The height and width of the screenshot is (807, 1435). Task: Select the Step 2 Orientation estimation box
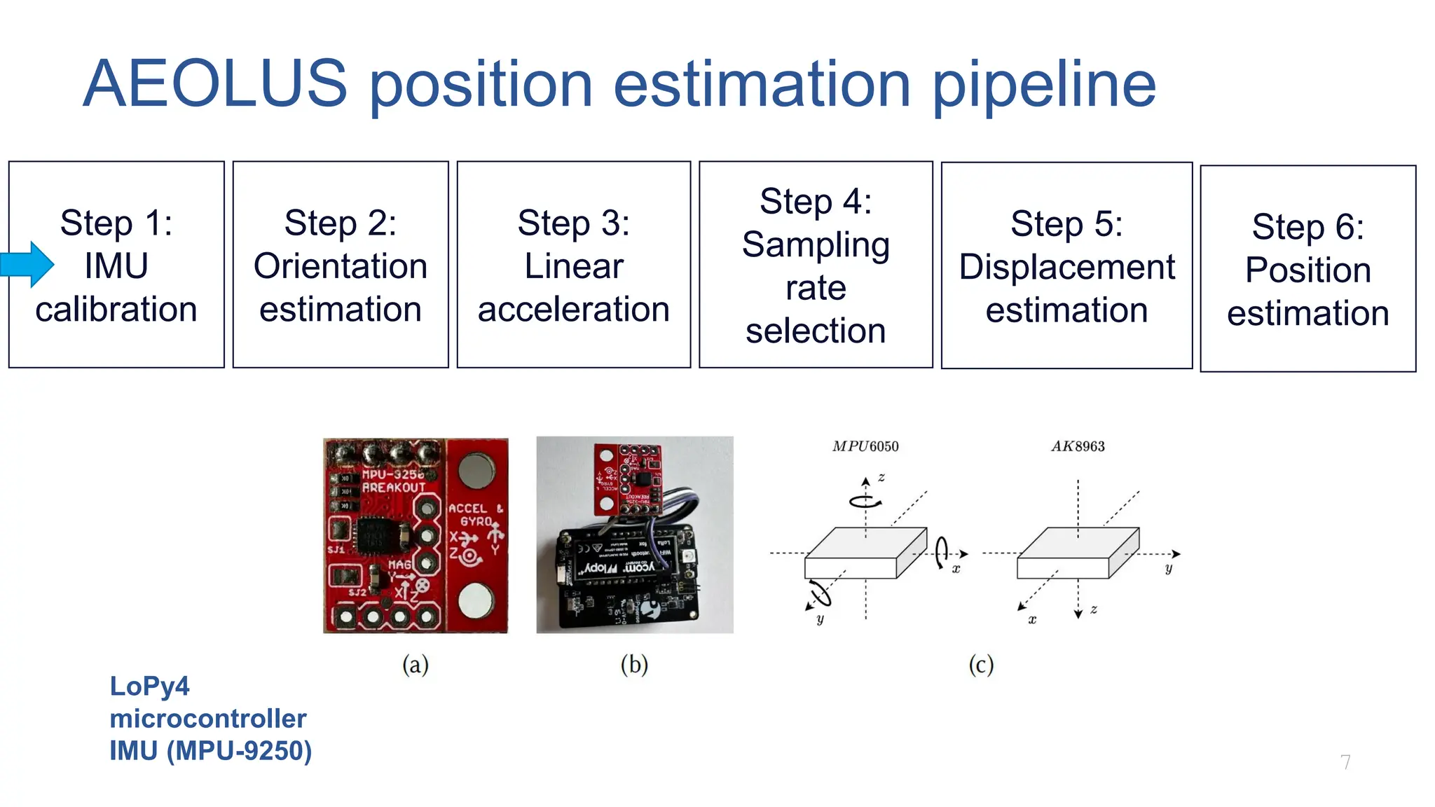[341, 265]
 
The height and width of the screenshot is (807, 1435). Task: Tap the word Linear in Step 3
[573, 266]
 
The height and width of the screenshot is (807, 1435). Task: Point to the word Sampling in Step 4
[816, 245]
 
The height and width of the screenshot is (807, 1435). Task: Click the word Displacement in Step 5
[1066, 268]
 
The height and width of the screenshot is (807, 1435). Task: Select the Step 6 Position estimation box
[1307, 269]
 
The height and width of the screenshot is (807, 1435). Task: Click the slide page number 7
[1345, 762]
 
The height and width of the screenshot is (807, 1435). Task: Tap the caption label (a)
[415, 664]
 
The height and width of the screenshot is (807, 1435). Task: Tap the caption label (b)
[634, 664]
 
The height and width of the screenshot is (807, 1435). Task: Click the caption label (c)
[981, 664]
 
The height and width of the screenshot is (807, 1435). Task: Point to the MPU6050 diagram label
[865, 446]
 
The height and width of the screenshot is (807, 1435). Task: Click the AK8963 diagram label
[1078, 446]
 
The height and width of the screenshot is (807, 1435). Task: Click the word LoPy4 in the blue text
[149, 686]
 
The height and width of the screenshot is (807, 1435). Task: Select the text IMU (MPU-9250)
[210, 750]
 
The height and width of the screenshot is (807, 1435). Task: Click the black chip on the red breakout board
[379, 538]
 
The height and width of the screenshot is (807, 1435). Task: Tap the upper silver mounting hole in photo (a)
[476, 470]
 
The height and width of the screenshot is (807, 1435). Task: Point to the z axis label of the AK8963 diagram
[1094, 609]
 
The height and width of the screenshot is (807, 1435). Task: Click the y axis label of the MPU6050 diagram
[820, 619]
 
